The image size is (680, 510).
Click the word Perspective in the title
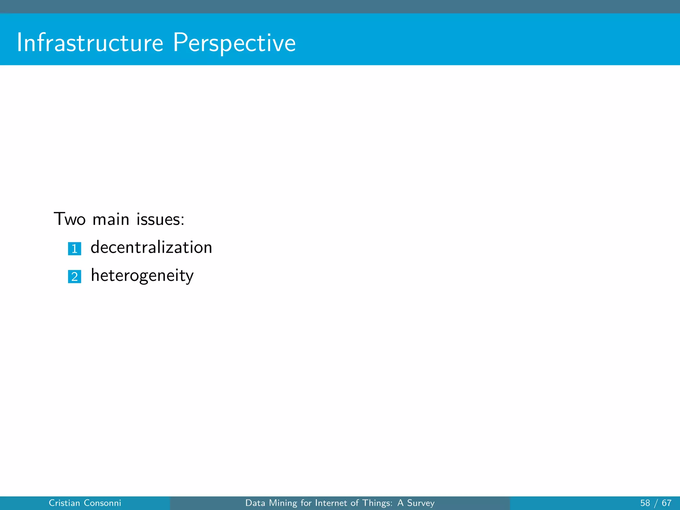click(234, 43)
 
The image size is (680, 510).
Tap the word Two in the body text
click(70, 219)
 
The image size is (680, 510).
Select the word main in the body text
click(111, 219)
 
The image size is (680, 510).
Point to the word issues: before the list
click(160, 219)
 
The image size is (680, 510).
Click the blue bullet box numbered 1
click(74, 249)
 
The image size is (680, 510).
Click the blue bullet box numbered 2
click(74, 277)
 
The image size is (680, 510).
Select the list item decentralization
click(151, 247)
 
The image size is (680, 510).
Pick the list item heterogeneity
click(142, 276)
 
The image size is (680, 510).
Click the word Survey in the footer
click(421, 503)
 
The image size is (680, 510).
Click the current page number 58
click(645, 503)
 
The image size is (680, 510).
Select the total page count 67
click(666, 503)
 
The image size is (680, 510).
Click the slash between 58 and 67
click(656, 503)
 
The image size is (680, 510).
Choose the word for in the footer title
click(306, 503)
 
